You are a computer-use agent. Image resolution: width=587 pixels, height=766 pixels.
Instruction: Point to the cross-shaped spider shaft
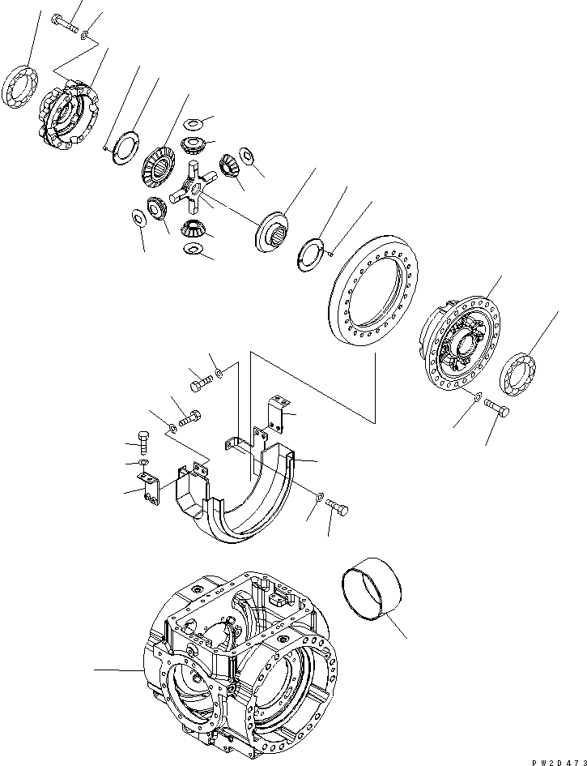coord(189,189)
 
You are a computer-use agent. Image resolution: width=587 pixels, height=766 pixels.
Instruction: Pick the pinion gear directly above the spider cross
coord(194,146)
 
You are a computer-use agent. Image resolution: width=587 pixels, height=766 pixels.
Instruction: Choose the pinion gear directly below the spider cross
coord(193,232)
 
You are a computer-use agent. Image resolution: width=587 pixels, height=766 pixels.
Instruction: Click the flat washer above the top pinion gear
coord(193,124)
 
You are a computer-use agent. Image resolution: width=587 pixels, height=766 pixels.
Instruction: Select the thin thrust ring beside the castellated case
coord(125,150)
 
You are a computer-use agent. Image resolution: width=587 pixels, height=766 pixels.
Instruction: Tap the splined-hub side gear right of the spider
coord(271,228)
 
